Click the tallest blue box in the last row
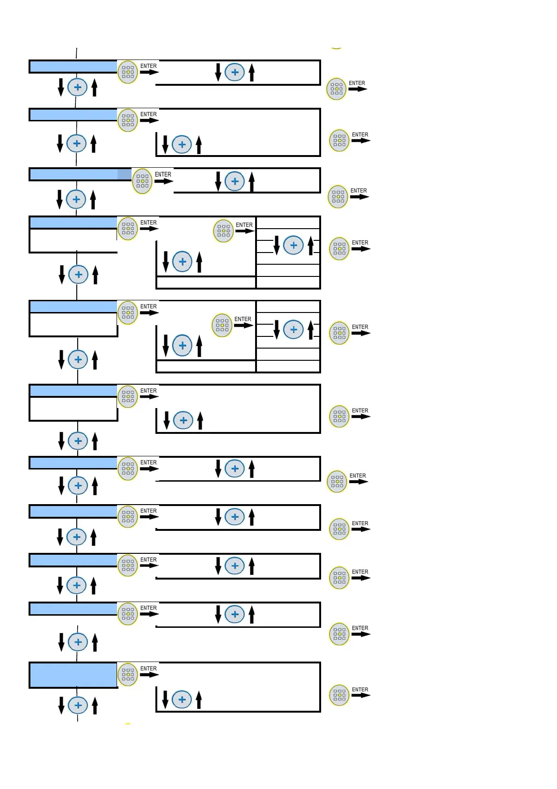(x=73, y=675)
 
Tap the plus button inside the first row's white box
(x=235, y=72)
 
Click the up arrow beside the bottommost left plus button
(x=95, y=705)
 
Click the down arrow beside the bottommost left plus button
(x=61, y=705)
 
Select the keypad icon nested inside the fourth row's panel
(x=223, y=231)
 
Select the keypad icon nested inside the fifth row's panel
(x=222, y=325)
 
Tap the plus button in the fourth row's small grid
(x=293, y=245)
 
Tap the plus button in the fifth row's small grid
(x=293, y=329)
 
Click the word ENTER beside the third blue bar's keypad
(x=163, y=174)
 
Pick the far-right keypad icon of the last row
(x=339, y=695)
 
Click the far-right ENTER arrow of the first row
(x=358, y=89)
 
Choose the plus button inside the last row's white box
(x=182, y=700)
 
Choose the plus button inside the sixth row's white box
(x=183, y=420)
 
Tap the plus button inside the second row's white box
(x=182, y=144)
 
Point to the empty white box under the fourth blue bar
(x=73, y=240)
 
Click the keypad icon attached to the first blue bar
(x=127, y=72)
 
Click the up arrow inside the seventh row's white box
(x=252, y=469)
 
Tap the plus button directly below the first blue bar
(x=77, y=87)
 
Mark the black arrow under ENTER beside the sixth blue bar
(x=149, y=397)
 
